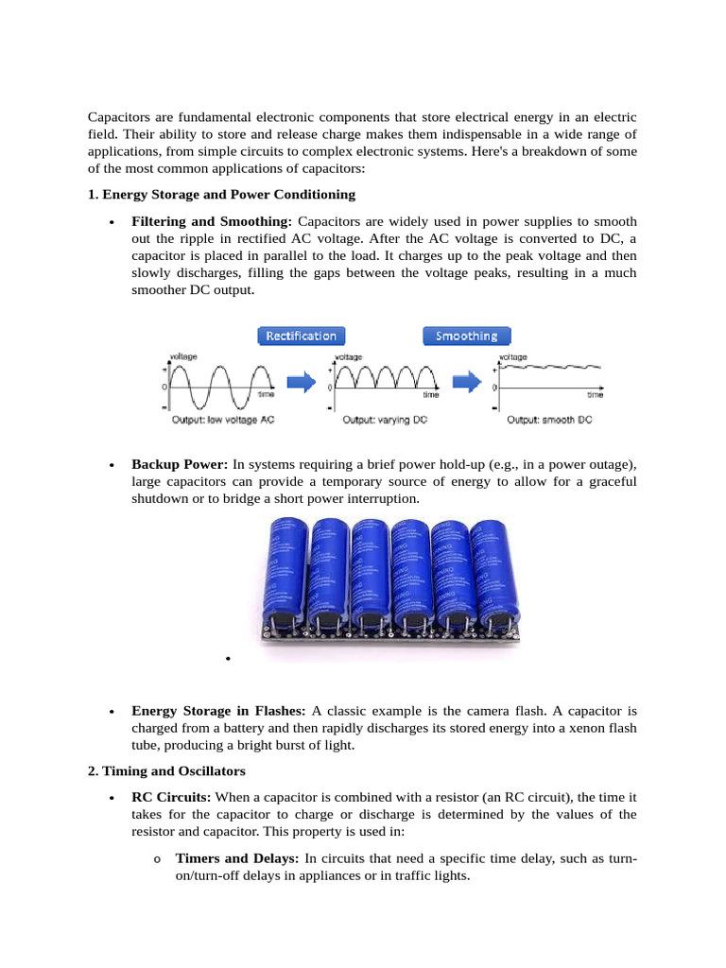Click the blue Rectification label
pyautogui.click(x=302, y=336)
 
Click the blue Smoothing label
pyautogui.click(x=466, y=336)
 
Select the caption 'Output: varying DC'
pyautogui.click(x=384, y=419)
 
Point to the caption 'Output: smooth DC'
pyautogui.click(x=550, y=419)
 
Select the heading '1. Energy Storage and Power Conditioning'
pyautogui.click(x=221, y=195)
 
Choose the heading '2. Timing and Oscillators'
pyautogui.click(x=166, y=771)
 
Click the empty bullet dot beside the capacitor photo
pyautogui.click(x=230, y=659)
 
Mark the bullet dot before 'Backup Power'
pyautogui.click(x=112, y=466)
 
